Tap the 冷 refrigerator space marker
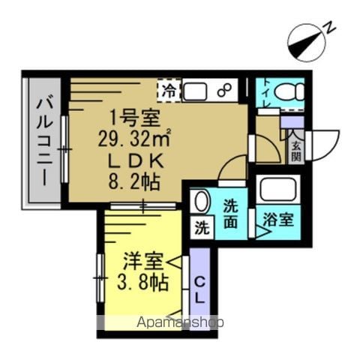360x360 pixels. point(169,91)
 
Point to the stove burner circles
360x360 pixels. point(223,90)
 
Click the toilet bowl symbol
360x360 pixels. point(289,91)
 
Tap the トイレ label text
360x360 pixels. point(267,93)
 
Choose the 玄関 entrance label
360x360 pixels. point(295,151)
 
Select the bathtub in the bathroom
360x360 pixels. point(277,189)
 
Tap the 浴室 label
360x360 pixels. point(278,220)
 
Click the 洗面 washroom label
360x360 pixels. point(230,214)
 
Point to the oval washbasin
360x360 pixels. point(202,201)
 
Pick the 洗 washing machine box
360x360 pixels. point(202,228)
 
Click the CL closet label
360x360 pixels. point(199,290)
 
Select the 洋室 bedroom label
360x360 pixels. point(143,261)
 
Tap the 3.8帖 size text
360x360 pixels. point(142,283)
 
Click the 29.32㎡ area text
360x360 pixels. point(134,139)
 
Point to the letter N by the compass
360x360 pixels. point(329,27)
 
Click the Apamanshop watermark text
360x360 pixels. point(180,322)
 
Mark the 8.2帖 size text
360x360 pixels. point(134,182)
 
